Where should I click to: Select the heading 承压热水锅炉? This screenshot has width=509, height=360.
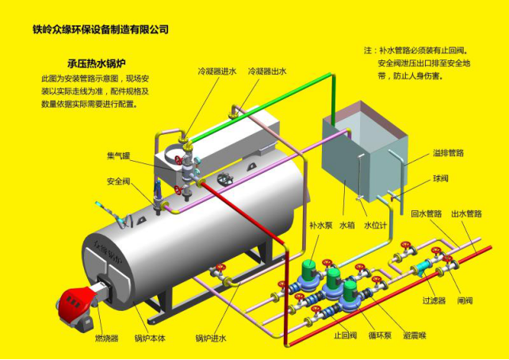101,63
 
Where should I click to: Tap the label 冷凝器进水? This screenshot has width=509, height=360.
216,71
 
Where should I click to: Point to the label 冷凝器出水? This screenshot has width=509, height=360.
267,71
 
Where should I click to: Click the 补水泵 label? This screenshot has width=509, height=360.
320,226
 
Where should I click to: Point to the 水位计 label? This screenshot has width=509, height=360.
374,226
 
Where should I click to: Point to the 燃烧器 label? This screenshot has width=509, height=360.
106,339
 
